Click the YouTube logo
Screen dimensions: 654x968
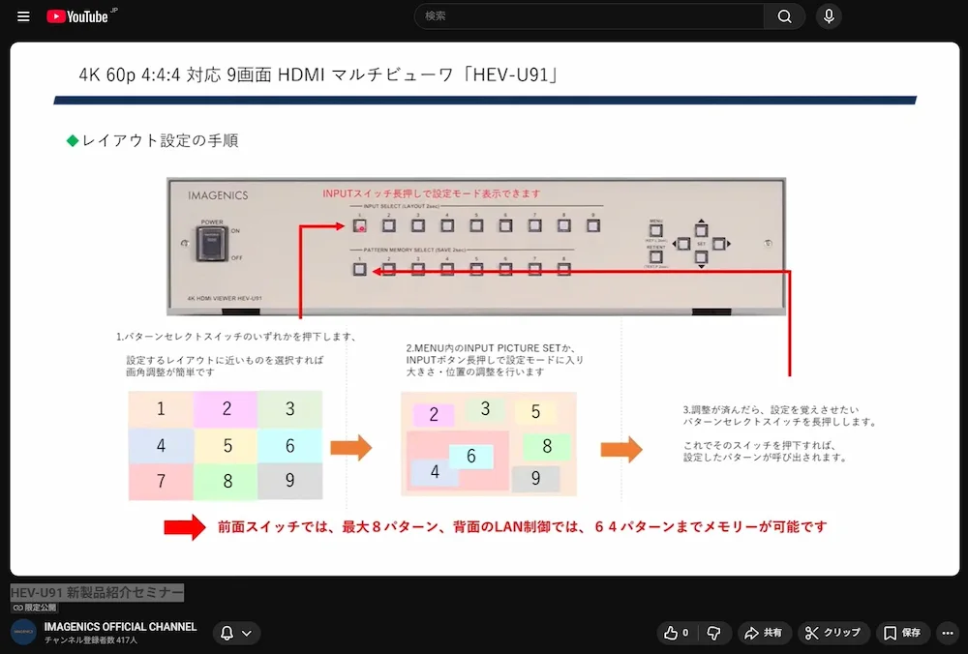pyautogui.click(x=76, y=16)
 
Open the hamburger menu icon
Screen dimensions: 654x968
pyautogui.click(x=23, y=16)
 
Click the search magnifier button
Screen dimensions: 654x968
pyautogui.click(x=784, y=16)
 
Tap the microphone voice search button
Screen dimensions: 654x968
pyautogui.click(x=829, y=16)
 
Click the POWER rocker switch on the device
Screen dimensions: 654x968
pyautogui.click(x=212, y=245)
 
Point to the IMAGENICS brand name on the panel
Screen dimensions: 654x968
pyautogui.click(x=218, y=195)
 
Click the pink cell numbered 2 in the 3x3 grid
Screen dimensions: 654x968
pyautogui.click(x=227, y=409)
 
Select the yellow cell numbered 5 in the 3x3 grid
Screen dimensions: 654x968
pyautogui.click(x=227, y=446)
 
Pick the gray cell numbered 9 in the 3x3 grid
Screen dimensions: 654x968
pyautogui.click(x=289, y=481)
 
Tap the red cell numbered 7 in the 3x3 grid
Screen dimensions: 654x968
pyautogui.click(x=161, y=481)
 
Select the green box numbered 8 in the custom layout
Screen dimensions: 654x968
pyautogui.click(x=546, y=446)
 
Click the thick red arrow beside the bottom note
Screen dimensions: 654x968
pyautogui.click(x=184, y=527)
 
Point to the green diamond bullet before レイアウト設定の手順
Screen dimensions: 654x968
pyautogui.click(x=72, y=141)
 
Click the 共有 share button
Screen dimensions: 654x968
pyautogui.click(x=763, y=633)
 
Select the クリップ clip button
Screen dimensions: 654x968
pyautogui.click(x=832, y=633)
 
